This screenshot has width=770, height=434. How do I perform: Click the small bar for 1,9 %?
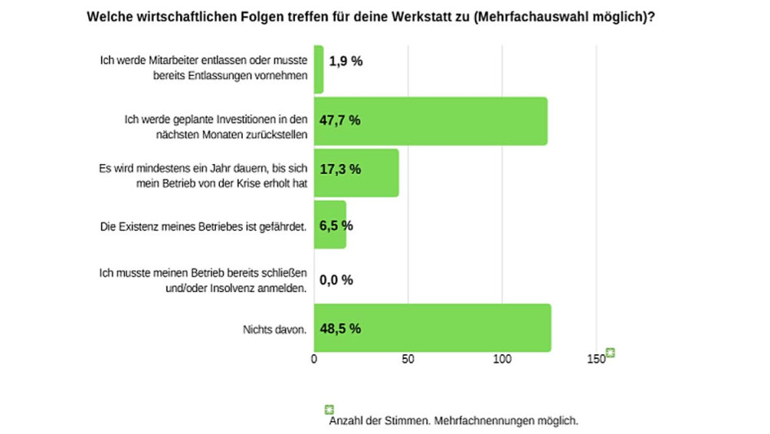coord(319,69)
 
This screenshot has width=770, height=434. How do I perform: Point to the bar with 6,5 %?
coord(330,224)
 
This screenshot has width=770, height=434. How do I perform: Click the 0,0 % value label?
coord(336,280)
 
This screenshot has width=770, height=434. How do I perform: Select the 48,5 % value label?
coord(340,329)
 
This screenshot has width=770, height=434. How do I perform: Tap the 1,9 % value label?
coord(345,61)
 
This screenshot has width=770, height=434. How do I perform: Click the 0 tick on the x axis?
coord(315,358)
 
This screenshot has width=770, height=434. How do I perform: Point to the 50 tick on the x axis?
coord(408,358)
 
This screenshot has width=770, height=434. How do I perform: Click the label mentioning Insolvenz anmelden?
coord(202,280)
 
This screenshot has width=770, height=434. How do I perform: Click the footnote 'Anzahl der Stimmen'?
coord(453,421)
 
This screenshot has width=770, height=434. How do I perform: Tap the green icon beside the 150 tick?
coord(609,353)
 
